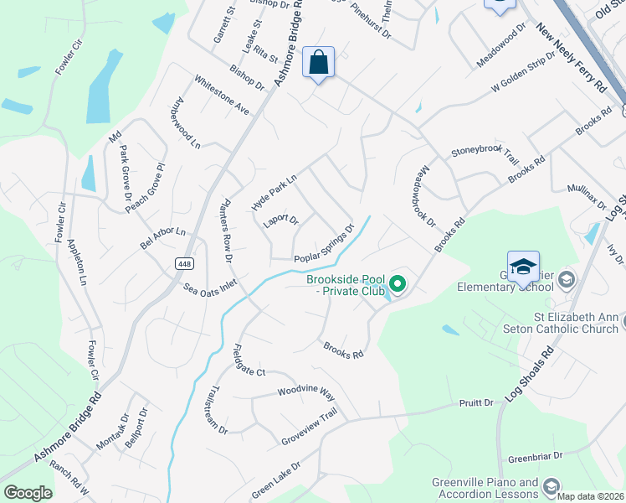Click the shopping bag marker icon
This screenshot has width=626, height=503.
318,62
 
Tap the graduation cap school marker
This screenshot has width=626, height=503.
523,267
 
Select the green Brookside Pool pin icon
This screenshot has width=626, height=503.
398,285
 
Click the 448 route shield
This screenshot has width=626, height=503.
185,263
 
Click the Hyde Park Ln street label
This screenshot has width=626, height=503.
274,194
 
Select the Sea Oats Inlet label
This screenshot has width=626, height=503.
210,286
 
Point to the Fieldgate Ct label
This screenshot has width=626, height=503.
249,359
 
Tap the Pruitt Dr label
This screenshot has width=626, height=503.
477,403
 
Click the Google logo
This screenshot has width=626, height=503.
28,493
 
